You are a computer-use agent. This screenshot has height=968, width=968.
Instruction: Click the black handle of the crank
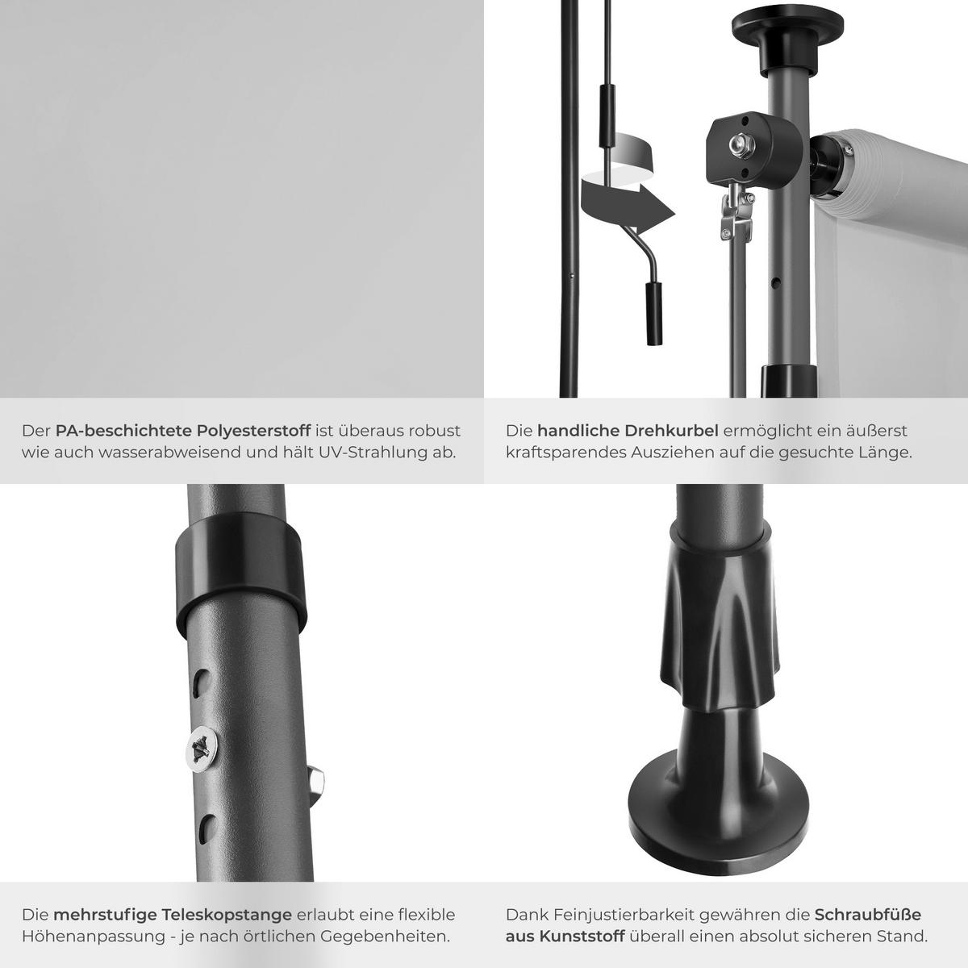tap(653, 314)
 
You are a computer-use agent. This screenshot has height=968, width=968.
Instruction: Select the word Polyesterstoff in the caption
tap(253, 431)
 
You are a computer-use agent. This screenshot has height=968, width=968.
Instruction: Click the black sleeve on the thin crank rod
tap(607, 115)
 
